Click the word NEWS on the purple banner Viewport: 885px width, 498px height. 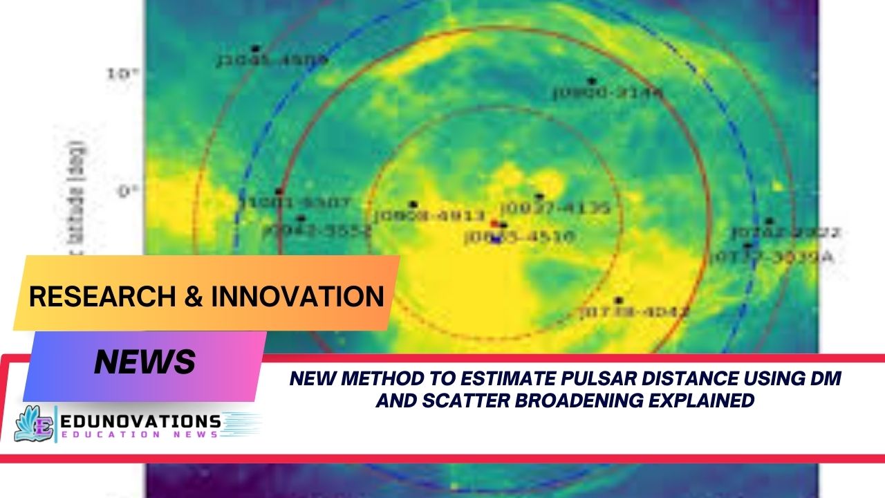point(145,361)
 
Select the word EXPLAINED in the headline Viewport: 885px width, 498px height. point(699,400)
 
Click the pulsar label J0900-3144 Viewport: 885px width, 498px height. point(608,93)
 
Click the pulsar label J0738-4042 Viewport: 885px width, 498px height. point(634,312)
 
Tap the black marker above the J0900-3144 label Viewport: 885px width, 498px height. point(592,82)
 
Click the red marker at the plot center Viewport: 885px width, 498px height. point(494,223)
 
